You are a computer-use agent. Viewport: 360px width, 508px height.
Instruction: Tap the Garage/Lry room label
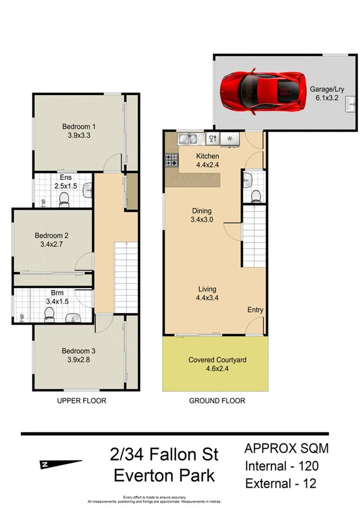(326, 94)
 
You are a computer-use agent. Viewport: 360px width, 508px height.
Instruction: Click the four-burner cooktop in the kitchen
(172, 160)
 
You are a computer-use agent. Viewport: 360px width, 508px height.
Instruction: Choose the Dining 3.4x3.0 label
(202, 215)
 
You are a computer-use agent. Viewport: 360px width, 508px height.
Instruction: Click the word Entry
(255, 310)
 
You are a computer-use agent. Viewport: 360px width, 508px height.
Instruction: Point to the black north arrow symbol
(62, 464)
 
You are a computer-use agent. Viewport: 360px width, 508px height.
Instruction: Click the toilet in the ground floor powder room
(255, 195)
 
